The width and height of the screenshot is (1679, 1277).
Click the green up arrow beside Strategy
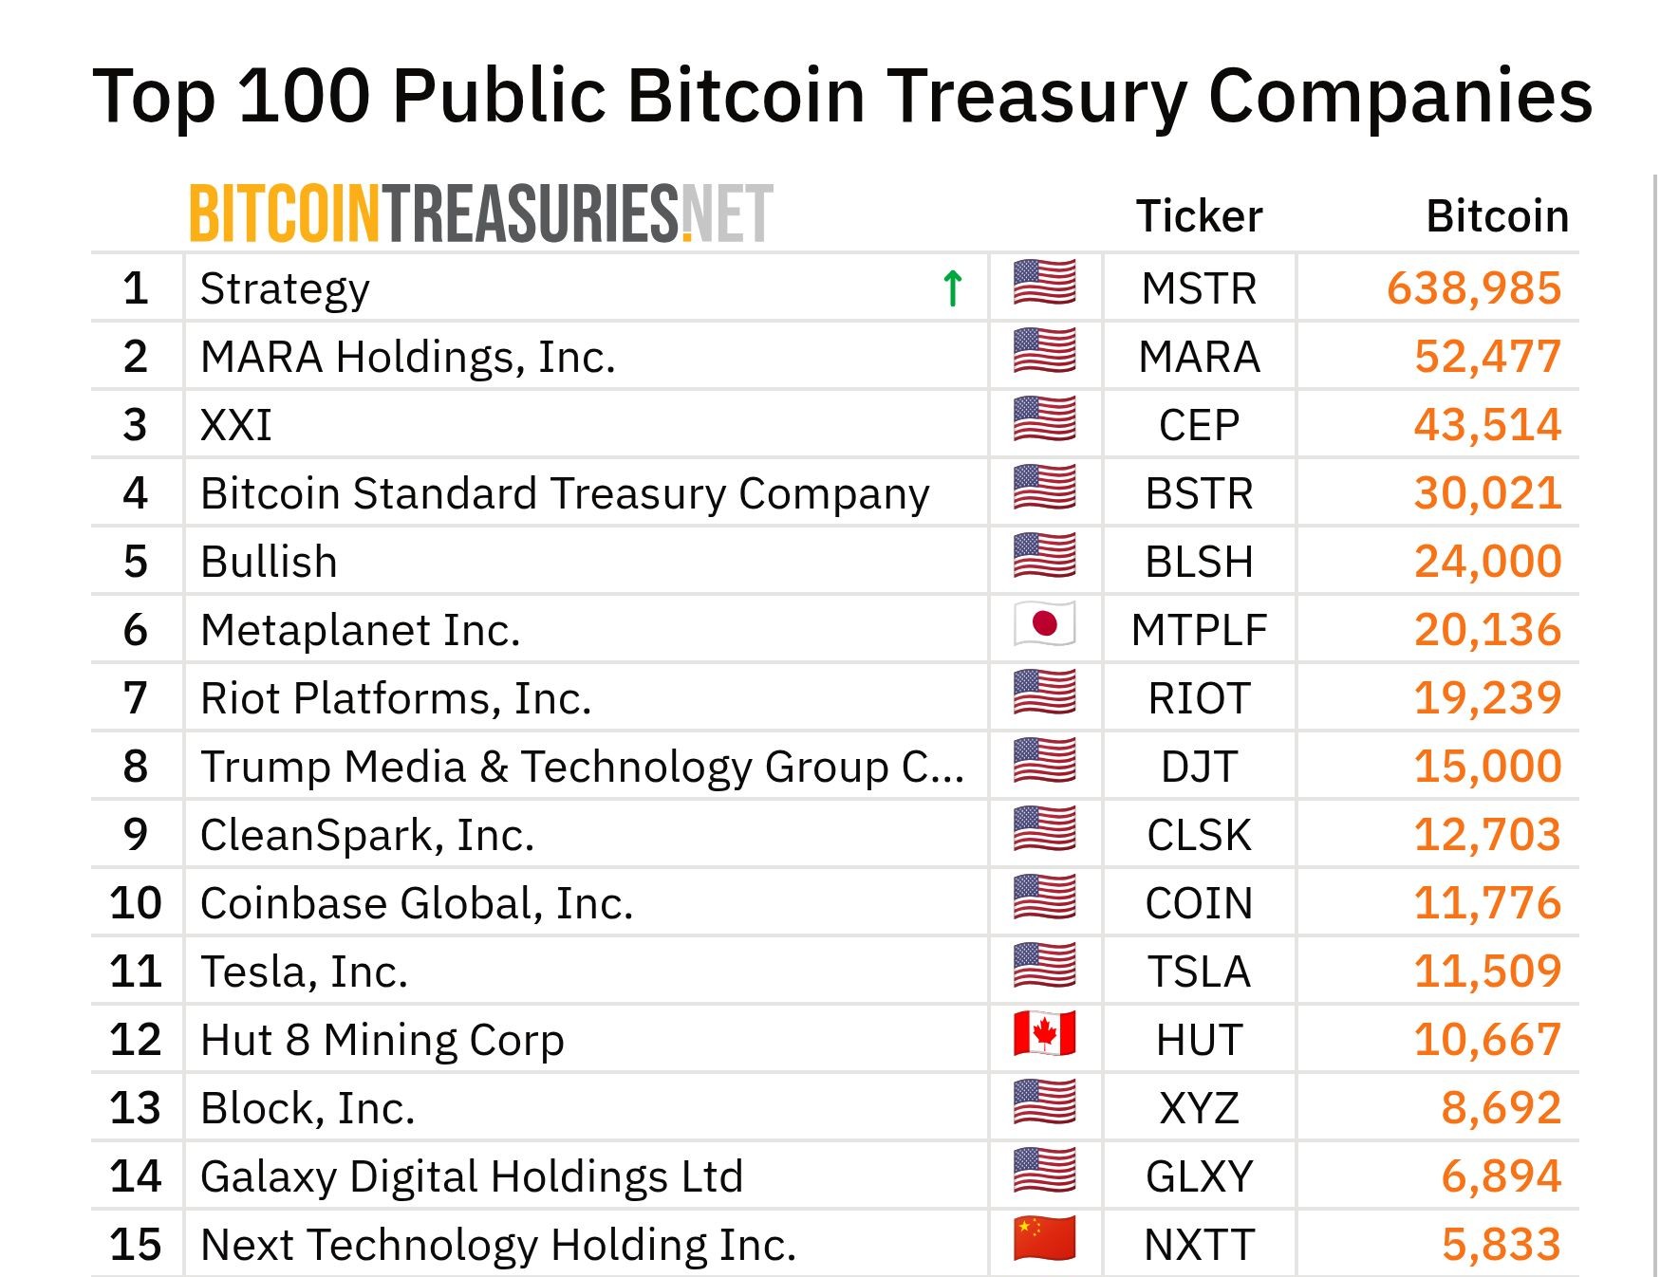(x=952, y=288)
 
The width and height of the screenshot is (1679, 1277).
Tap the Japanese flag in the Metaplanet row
(x=1044, y=624)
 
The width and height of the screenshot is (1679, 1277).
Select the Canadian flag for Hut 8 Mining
(x=1044, y=1034)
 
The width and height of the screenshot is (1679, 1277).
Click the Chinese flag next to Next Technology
(x=1044, y=1239)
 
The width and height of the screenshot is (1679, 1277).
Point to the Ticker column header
(x=1199, y=216)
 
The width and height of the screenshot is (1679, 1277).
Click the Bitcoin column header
(x=1497, y=216)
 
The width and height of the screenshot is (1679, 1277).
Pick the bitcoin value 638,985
(x=1473, y=288)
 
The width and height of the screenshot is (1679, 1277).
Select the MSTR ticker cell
(x=1199, y=288)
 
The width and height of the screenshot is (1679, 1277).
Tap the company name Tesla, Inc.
(x=304, y=972)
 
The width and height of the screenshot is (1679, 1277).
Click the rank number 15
(x=135, y=1245)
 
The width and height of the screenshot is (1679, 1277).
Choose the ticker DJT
(x=1199, y=767)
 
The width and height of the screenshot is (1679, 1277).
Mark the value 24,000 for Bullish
(x=1487, y=562)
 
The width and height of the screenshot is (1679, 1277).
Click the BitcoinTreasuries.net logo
(x=480, y=214)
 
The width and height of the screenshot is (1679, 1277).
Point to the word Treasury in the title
(x=1036, y=96)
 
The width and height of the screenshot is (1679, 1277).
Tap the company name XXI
(x=236, y=425)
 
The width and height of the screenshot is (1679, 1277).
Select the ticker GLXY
(x=1199, y=1176)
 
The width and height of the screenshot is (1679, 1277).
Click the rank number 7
(x=135, y=698)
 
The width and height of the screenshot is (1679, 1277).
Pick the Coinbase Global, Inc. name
(x=416, y=903)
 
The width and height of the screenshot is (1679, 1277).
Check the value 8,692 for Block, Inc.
(x=1501, y=1108)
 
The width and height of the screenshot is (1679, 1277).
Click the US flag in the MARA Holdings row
(x=1044, y=351)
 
